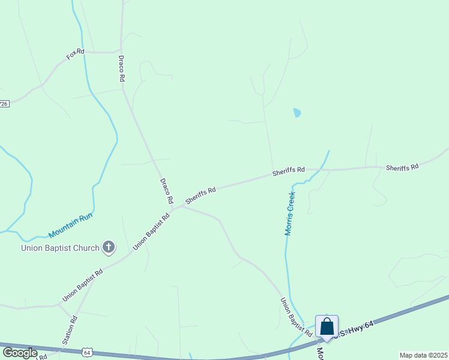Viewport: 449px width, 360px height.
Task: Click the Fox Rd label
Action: (x=75, y=55)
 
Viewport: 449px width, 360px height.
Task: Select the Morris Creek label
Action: (x=291, y=213)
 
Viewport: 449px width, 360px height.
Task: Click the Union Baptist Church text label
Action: (x=60, y=247)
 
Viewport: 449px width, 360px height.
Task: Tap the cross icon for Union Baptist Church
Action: (x=109, y=247)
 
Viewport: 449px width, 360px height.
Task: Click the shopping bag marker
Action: (x=327, y=326)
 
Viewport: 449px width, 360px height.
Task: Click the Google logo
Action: (x=20, y=353)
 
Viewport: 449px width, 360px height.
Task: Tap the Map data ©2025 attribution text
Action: (x=423, y=355)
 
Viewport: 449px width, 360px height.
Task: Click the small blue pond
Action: (x=297, y=112)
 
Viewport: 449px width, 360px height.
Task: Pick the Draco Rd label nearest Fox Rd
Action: (x=121, y=68)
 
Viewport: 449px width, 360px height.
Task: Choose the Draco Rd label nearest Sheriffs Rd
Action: (x=166, y=191)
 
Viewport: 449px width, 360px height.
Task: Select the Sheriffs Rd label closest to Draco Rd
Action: (x=200, y=195)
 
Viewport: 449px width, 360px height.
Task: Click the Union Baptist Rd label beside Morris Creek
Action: (x=296, y=316)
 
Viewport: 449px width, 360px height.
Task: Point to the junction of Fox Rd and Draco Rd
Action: (x=121, y=51)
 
